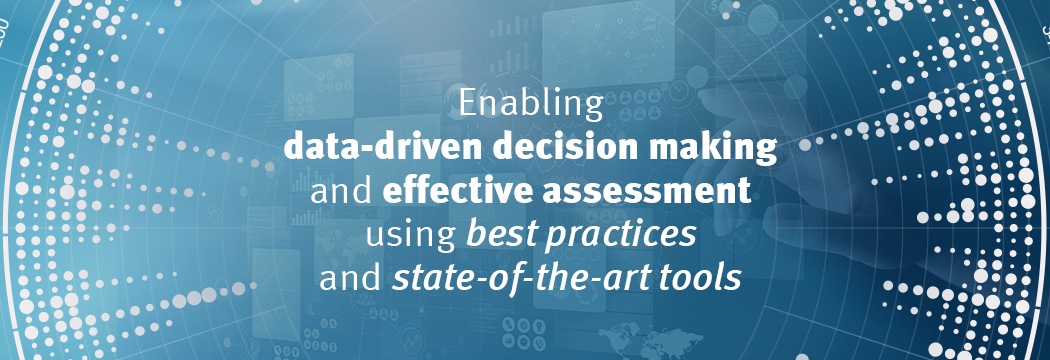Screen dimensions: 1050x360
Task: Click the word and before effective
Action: [342, 191]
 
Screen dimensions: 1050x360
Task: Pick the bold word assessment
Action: [647, 192]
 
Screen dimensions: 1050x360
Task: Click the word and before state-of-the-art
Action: [350, 277]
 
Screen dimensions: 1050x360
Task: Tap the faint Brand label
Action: [413, 62]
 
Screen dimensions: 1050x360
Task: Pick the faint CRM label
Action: [411, 90]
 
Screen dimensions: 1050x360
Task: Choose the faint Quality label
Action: [415, 103]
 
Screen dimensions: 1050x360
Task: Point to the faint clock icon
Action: [678, 89]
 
